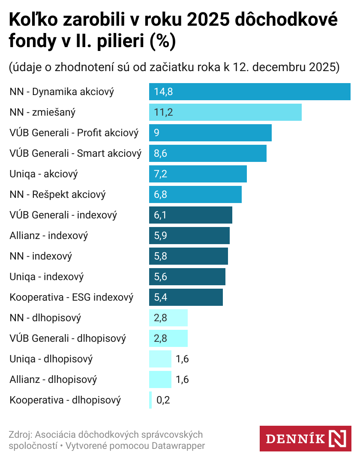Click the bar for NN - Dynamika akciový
pyautogui.click(x=249, y=92)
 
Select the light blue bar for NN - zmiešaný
pyautogui.click(x=225, y=112)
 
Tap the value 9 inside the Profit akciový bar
pyautogui.click(x=157, y=133)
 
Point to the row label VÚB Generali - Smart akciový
pyautogui.click(x=75, y=153)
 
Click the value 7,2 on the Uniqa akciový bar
pyautogui.click(x=160, y=174)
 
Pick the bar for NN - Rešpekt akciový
pyautogui.click(x=195, y=194)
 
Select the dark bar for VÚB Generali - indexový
pyautogui.click(x=190, y=215)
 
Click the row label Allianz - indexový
pyautogui.click(x=49, y=236)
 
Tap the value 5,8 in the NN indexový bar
pyautogui.click(x=160, y=256)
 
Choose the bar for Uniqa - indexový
pyautogui.click(x=187, y=277)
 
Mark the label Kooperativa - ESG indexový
pyautogui.click(x=72, y=297)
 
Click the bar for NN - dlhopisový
pyautogui.click(x=168, y=318)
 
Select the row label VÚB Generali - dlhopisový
pyautogui.click(x=68, y=338)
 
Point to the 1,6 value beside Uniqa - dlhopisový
pyautogui.click(x=182, y=359)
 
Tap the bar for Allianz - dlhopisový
pyautogui.click(x=160, y=379)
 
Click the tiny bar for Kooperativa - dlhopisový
pyautogui.click(x=150, y=400)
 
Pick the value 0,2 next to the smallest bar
pyautogui.click(x=163, y=400)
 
